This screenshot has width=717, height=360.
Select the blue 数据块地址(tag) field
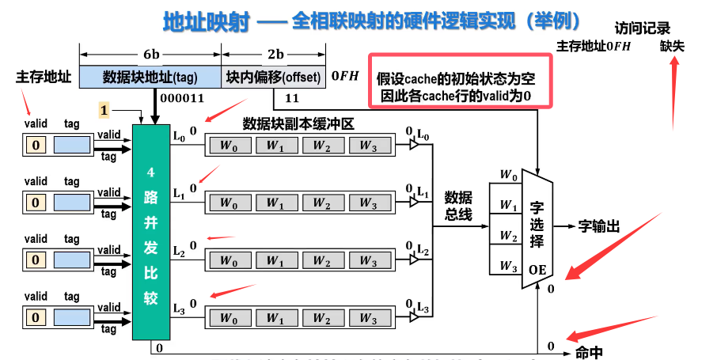[150, 77]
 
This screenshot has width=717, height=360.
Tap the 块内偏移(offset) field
[273, 77]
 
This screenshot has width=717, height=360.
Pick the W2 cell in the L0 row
[321, 145]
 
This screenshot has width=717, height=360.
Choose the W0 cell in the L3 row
[229, 318]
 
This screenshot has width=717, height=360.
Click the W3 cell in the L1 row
[368, 203]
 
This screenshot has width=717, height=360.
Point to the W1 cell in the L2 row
[275, 260]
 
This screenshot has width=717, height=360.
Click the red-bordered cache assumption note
[461, 81]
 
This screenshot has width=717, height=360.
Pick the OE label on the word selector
[538, 269]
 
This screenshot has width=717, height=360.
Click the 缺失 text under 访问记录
[673, 47]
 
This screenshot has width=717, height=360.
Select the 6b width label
[151, 54]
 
